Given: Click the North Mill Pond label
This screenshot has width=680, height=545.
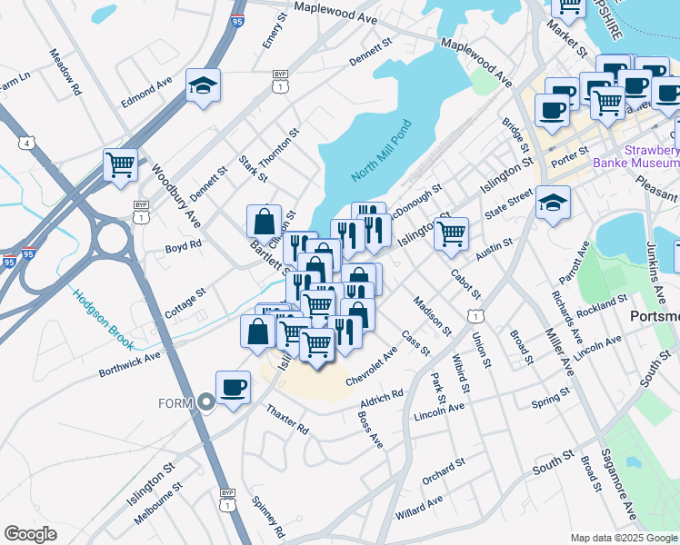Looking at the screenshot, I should [x=381, y=149].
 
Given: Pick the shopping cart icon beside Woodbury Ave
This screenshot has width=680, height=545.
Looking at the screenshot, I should [x=120, y=165].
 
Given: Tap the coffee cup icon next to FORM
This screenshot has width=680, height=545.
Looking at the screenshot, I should [x=234, y=387].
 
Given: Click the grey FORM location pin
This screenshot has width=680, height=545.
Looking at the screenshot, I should [x=206, y=402].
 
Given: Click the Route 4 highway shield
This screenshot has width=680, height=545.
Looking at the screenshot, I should [x=28, y=144].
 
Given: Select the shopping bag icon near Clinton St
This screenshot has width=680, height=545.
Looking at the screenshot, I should [x=264, y=221].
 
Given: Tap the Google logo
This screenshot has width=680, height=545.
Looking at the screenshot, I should [x=30, y=534].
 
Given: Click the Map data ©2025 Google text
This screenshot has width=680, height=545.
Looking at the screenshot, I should [x=624, y=538].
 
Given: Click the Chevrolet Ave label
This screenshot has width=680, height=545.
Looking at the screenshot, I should [x=371, y=369].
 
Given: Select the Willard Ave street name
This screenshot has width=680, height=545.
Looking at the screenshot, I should [x=419, y=507].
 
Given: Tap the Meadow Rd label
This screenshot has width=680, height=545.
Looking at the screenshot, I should [x=66, y=73].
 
